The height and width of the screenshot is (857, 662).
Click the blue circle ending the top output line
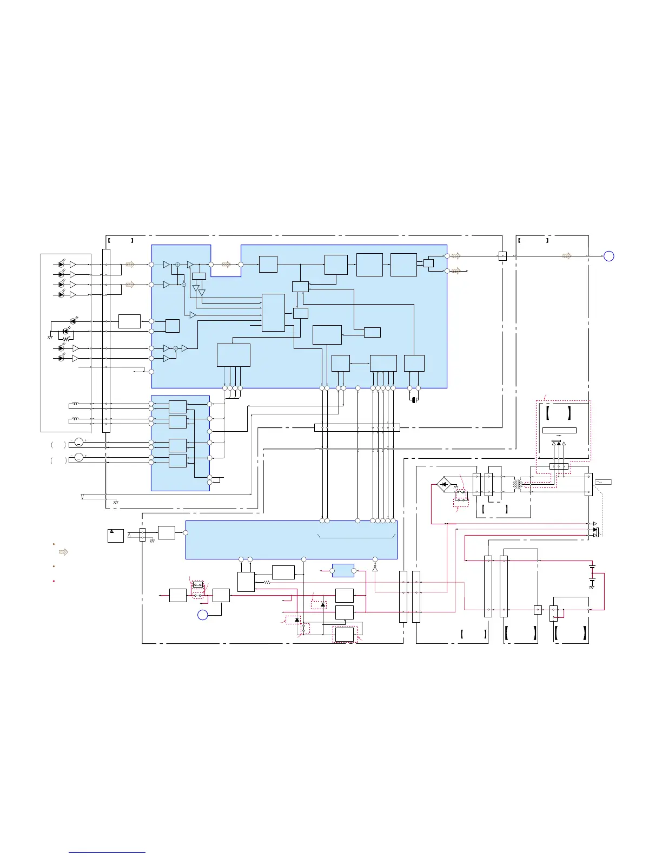tap(608, 256)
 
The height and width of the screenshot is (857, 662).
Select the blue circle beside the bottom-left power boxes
tap(202, 615)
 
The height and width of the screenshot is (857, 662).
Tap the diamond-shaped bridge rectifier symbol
tap(444, 484)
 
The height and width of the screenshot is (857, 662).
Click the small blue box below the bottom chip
tap(343, 570)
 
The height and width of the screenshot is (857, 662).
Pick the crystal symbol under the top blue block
tap(414, 400)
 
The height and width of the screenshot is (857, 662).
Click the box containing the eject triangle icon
tap(115, 536)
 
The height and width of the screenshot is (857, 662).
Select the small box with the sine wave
tap(603, 482)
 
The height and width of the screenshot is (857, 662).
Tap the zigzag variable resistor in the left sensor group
tap(66, 339)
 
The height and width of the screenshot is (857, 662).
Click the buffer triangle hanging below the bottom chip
tap(375, 569)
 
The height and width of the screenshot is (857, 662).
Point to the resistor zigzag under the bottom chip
tap(267, 582)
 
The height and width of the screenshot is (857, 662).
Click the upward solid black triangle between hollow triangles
tap(559, 444)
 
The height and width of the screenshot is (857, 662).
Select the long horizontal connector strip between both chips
tap(357, 427)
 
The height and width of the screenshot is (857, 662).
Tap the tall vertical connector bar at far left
tap(106, 341)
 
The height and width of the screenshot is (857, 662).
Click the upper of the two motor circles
tap(79, 443)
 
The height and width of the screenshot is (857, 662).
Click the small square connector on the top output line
tap(502, 256)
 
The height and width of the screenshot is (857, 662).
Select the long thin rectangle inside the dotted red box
tap(559, 431)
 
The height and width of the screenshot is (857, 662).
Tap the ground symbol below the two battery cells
tap(592, 587)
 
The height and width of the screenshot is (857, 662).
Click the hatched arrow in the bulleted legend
tap(63, 552)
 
